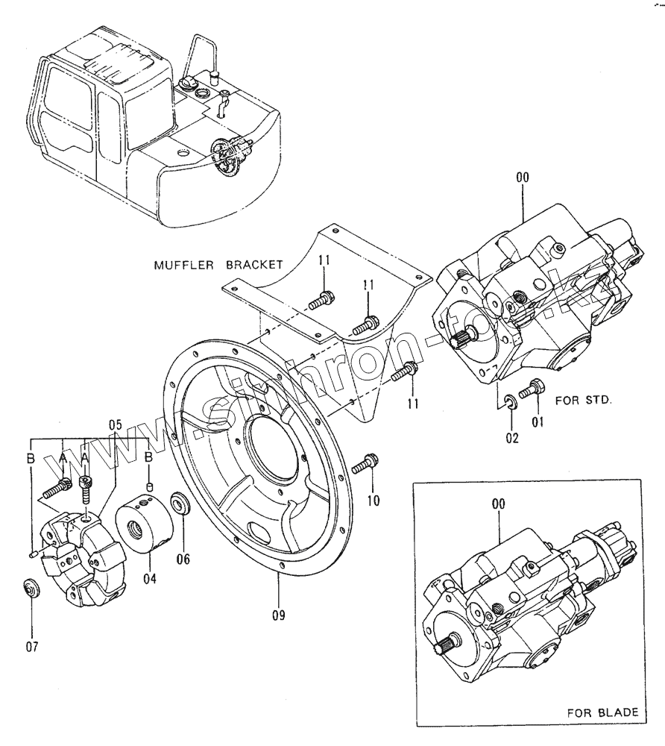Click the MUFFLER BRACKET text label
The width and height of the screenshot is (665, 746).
click(218, 264)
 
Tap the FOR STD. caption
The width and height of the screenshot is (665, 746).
click(584, 400)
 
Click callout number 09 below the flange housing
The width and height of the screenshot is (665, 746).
click(277, 616)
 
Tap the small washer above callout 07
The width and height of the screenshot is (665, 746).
click(31, 588)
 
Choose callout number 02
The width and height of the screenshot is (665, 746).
click(511, 438)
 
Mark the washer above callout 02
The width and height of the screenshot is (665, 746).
click(511, 404)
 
